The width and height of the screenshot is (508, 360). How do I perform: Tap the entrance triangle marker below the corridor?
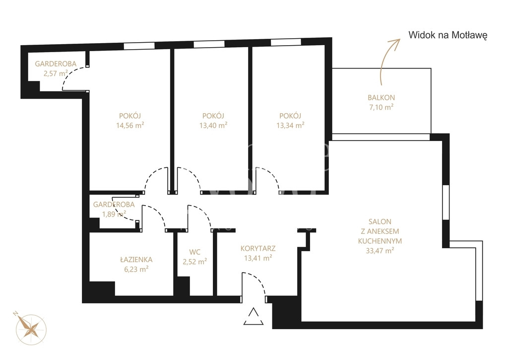254,316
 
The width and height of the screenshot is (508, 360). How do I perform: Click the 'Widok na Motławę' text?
448,35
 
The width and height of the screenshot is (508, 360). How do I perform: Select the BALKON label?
381,97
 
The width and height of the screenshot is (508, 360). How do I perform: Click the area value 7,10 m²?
381,107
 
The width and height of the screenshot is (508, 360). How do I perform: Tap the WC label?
194,252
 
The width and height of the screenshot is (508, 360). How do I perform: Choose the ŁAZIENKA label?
136,260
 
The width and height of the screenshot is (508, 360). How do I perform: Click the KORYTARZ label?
258,249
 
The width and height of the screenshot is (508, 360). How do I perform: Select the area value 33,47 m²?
380,250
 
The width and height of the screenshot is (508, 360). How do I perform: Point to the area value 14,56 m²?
130,125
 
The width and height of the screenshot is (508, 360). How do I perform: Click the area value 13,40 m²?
213,125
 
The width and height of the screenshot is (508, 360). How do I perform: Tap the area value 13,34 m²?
290,125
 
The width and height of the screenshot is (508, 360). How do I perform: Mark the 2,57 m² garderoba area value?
56,73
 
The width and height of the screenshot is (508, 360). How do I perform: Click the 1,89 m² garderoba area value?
114,214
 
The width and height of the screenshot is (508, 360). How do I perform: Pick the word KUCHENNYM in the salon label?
380,241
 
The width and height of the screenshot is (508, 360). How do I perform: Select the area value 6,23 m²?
136,269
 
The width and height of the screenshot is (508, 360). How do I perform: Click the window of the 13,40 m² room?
209,44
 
